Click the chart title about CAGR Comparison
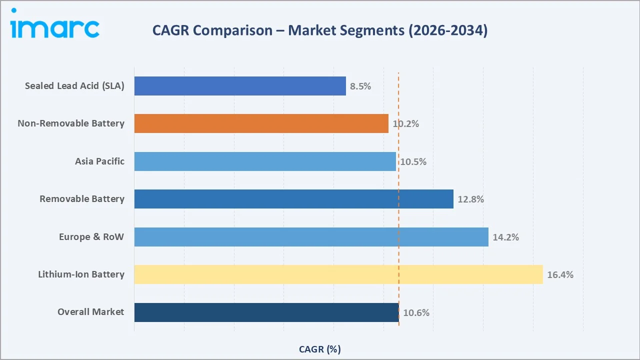click(x=319, y=30)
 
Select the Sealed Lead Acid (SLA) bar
click(x=240, y=86)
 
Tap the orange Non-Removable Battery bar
click(x=261, y=123)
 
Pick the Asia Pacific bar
click(x=265, y=161)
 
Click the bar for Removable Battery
click(x=293, y=199)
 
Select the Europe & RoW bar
click(x=311, y=237)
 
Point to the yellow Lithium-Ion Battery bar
click(x=338, y=274)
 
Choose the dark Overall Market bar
click(x=266, y=312)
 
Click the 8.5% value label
click(x=360, y=86)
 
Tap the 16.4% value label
click(x=560, y=274)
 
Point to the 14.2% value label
click(x=505, y=237)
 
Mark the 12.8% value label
click(x=470, y=199)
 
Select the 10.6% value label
click(x=416, y=312)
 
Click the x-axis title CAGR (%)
click(x=319, y=349)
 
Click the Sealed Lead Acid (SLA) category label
click(x=74, y=86)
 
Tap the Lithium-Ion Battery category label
click(x=81, y=274)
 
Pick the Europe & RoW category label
click(x=91, y=237)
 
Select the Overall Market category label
click(x=90, y=312)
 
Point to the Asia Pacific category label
click(x=99, y=161)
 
